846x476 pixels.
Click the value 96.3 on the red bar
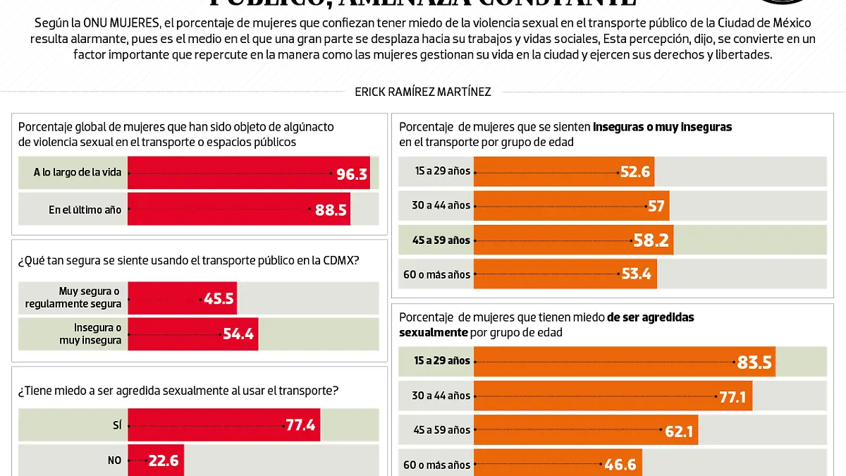[352, 173]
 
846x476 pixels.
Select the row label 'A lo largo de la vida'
[78, 172]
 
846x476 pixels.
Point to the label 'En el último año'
[85, 209]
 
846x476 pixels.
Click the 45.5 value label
[218, 298]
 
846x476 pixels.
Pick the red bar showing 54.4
[192, 334]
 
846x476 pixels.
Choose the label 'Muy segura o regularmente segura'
[73, 298]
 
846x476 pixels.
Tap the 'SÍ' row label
[116, 425]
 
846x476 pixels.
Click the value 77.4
[300, 425]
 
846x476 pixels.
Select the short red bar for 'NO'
[155, 460]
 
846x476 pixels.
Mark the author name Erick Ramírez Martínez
[423, 92]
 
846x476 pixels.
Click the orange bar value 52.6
[635, 171]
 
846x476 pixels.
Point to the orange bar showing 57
[571, 206]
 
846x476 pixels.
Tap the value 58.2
[651, 240]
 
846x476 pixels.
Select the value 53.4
[636, 274]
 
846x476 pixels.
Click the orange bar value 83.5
[754, 362]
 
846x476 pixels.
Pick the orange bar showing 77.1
[613, 396]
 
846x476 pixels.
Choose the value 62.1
[679, 431]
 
